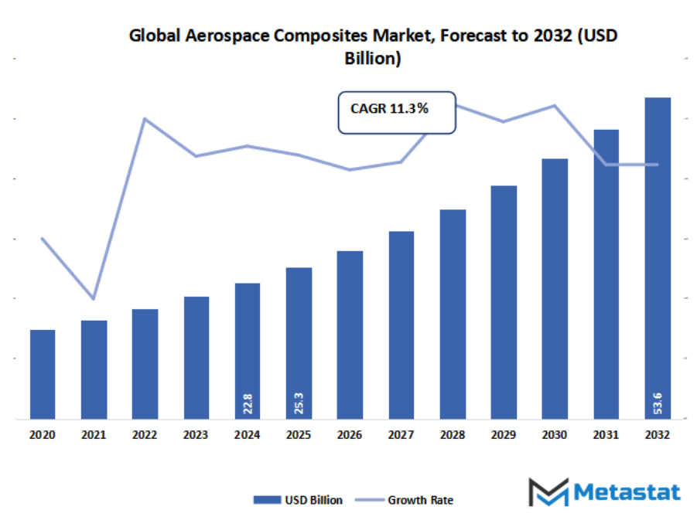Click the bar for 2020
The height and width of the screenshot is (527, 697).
(x=43, y=374)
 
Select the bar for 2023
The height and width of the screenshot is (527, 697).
(x=196, y=357)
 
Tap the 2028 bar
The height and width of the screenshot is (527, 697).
(x=453, y=314)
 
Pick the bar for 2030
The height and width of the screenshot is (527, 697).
(x=555, y=288)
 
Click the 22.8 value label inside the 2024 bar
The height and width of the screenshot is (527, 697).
(x=248, y=403)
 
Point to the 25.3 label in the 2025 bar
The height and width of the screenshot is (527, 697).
(x=299, y=403)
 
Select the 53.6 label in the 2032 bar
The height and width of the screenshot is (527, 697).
(x=658, y=403)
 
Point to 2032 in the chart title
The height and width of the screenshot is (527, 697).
(x=552, y=36)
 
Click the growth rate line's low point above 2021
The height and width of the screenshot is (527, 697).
(x=94, y=298)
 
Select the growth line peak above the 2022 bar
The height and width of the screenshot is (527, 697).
(x=145, y=118)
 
